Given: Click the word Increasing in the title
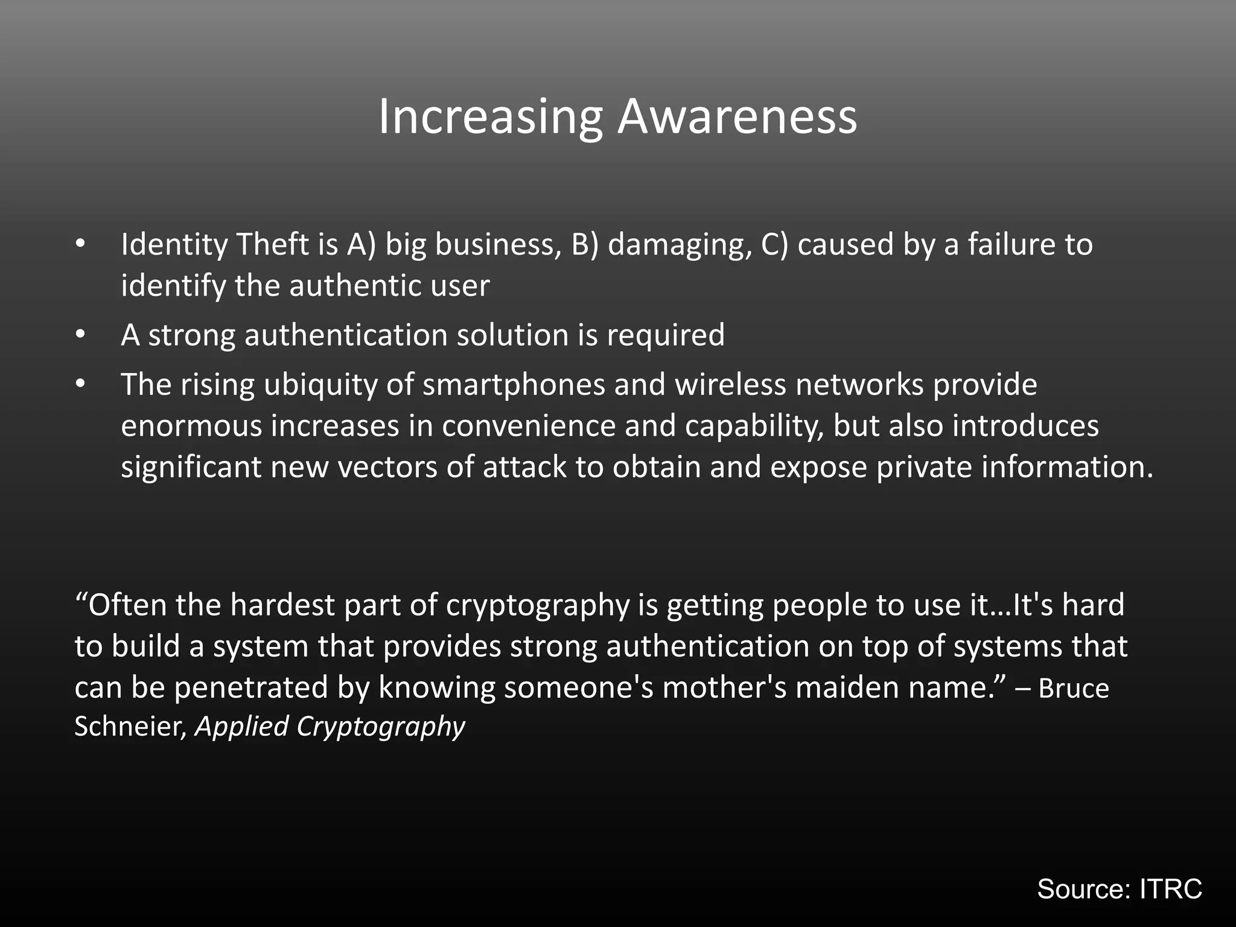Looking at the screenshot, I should tap(490, 117).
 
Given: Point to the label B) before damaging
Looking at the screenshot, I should tap(585, 244).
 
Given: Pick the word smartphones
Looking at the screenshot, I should tap(514, 384).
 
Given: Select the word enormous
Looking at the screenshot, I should tap(191, 426).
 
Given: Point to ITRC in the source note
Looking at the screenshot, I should tap(1170, 889).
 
